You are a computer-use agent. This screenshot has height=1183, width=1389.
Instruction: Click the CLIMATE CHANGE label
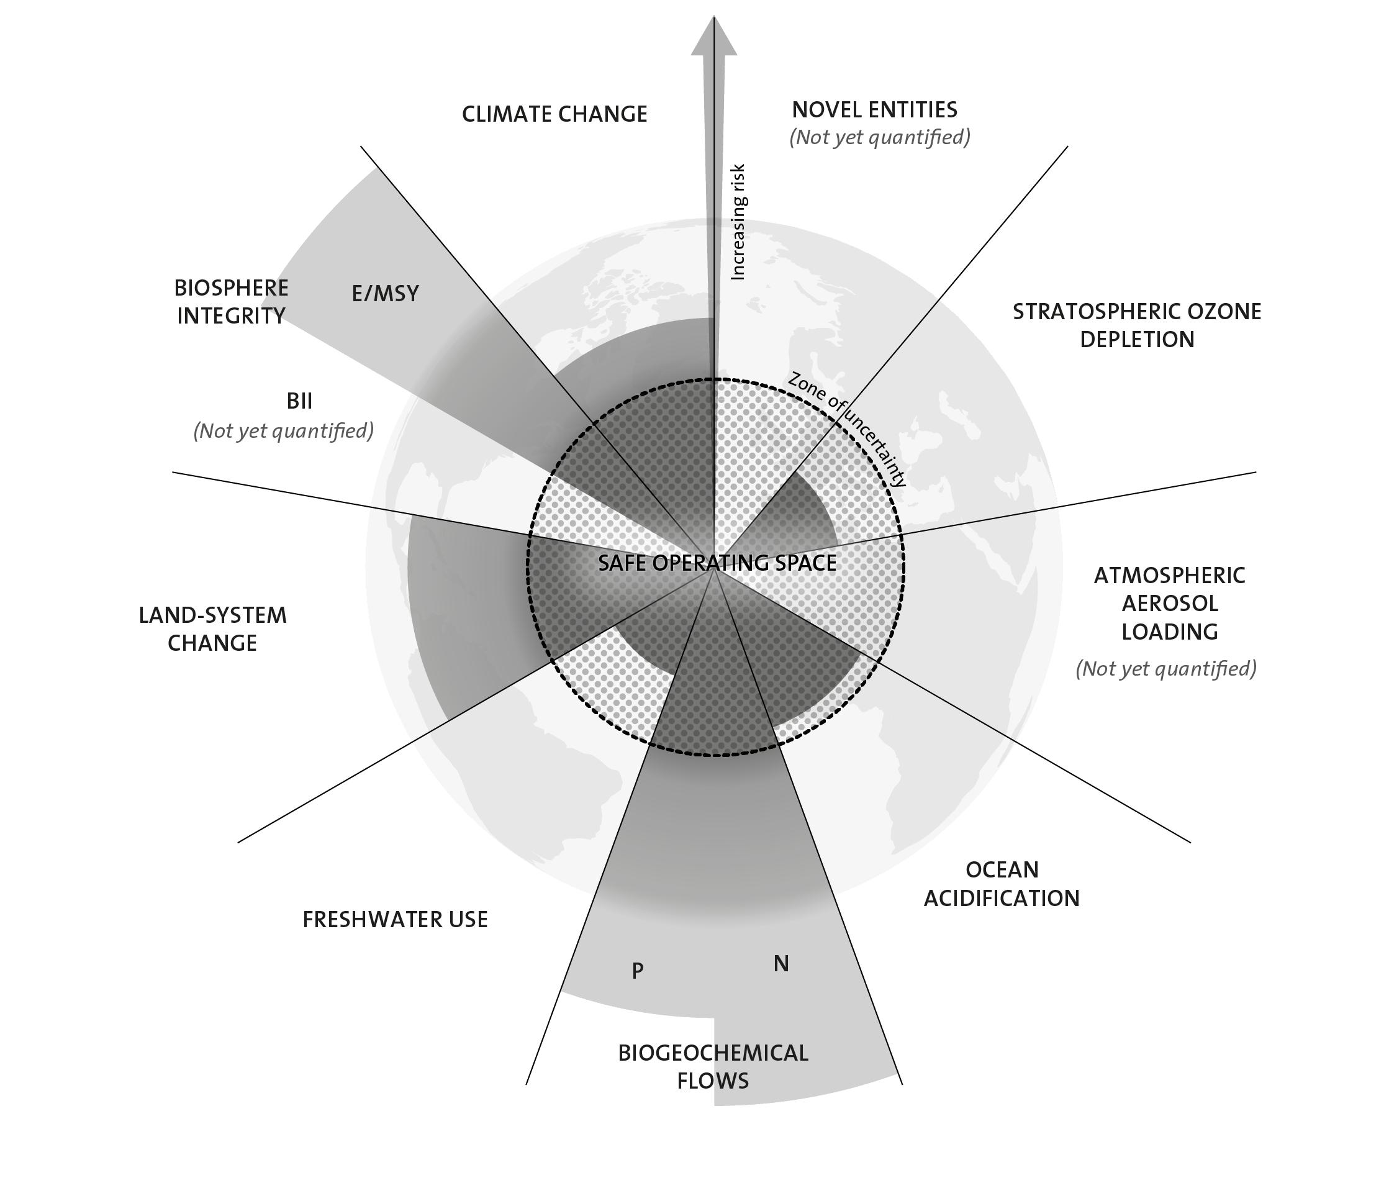[x=554, y=114]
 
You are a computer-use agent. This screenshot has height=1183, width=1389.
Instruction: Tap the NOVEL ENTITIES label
[x=874, y=109]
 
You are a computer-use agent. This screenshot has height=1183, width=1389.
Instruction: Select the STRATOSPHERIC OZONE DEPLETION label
[x=1137, y=325]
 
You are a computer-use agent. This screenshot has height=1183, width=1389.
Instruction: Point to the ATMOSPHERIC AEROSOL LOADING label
[x=1169, y=604]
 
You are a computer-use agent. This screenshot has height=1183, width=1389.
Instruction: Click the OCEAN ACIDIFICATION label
[x=1002, y=884]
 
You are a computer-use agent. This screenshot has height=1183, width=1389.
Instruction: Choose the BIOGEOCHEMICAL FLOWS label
[x=713, y=1066]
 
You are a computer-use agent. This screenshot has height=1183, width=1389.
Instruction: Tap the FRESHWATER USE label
[x=395, y=920]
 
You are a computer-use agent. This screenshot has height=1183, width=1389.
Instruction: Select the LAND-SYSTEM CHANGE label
[x=212, y=629]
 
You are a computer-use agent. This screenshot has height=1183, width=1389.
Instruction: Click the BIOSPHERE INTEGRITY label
[x=231, y=302]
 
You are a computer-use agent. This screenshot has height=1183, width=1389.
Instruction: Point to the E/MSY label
[x=386, y=294]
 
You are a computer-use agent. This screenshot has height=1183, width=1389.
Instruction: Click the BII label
[x=299, y=401]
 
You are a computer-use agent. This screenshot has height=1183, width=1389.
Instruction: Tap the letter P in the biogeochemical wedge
[x=638, y=970]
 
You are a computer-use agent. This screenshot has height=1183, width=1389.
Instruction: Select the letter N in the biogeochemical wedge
[x=781, y=964]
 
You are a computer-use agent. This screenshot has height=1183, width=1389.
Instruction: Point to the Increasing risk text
[x=738, y=222]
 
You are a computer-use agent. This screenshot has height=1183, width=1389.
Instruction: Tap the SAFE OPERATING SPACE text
[x=717, y=563]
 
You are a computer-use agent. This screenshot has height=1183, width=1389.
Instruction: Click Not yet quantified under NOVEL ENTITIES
[x=879, y=137]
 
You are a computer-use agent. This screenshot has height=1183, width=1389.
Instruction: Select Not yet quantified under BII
[x=284, y=430]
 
